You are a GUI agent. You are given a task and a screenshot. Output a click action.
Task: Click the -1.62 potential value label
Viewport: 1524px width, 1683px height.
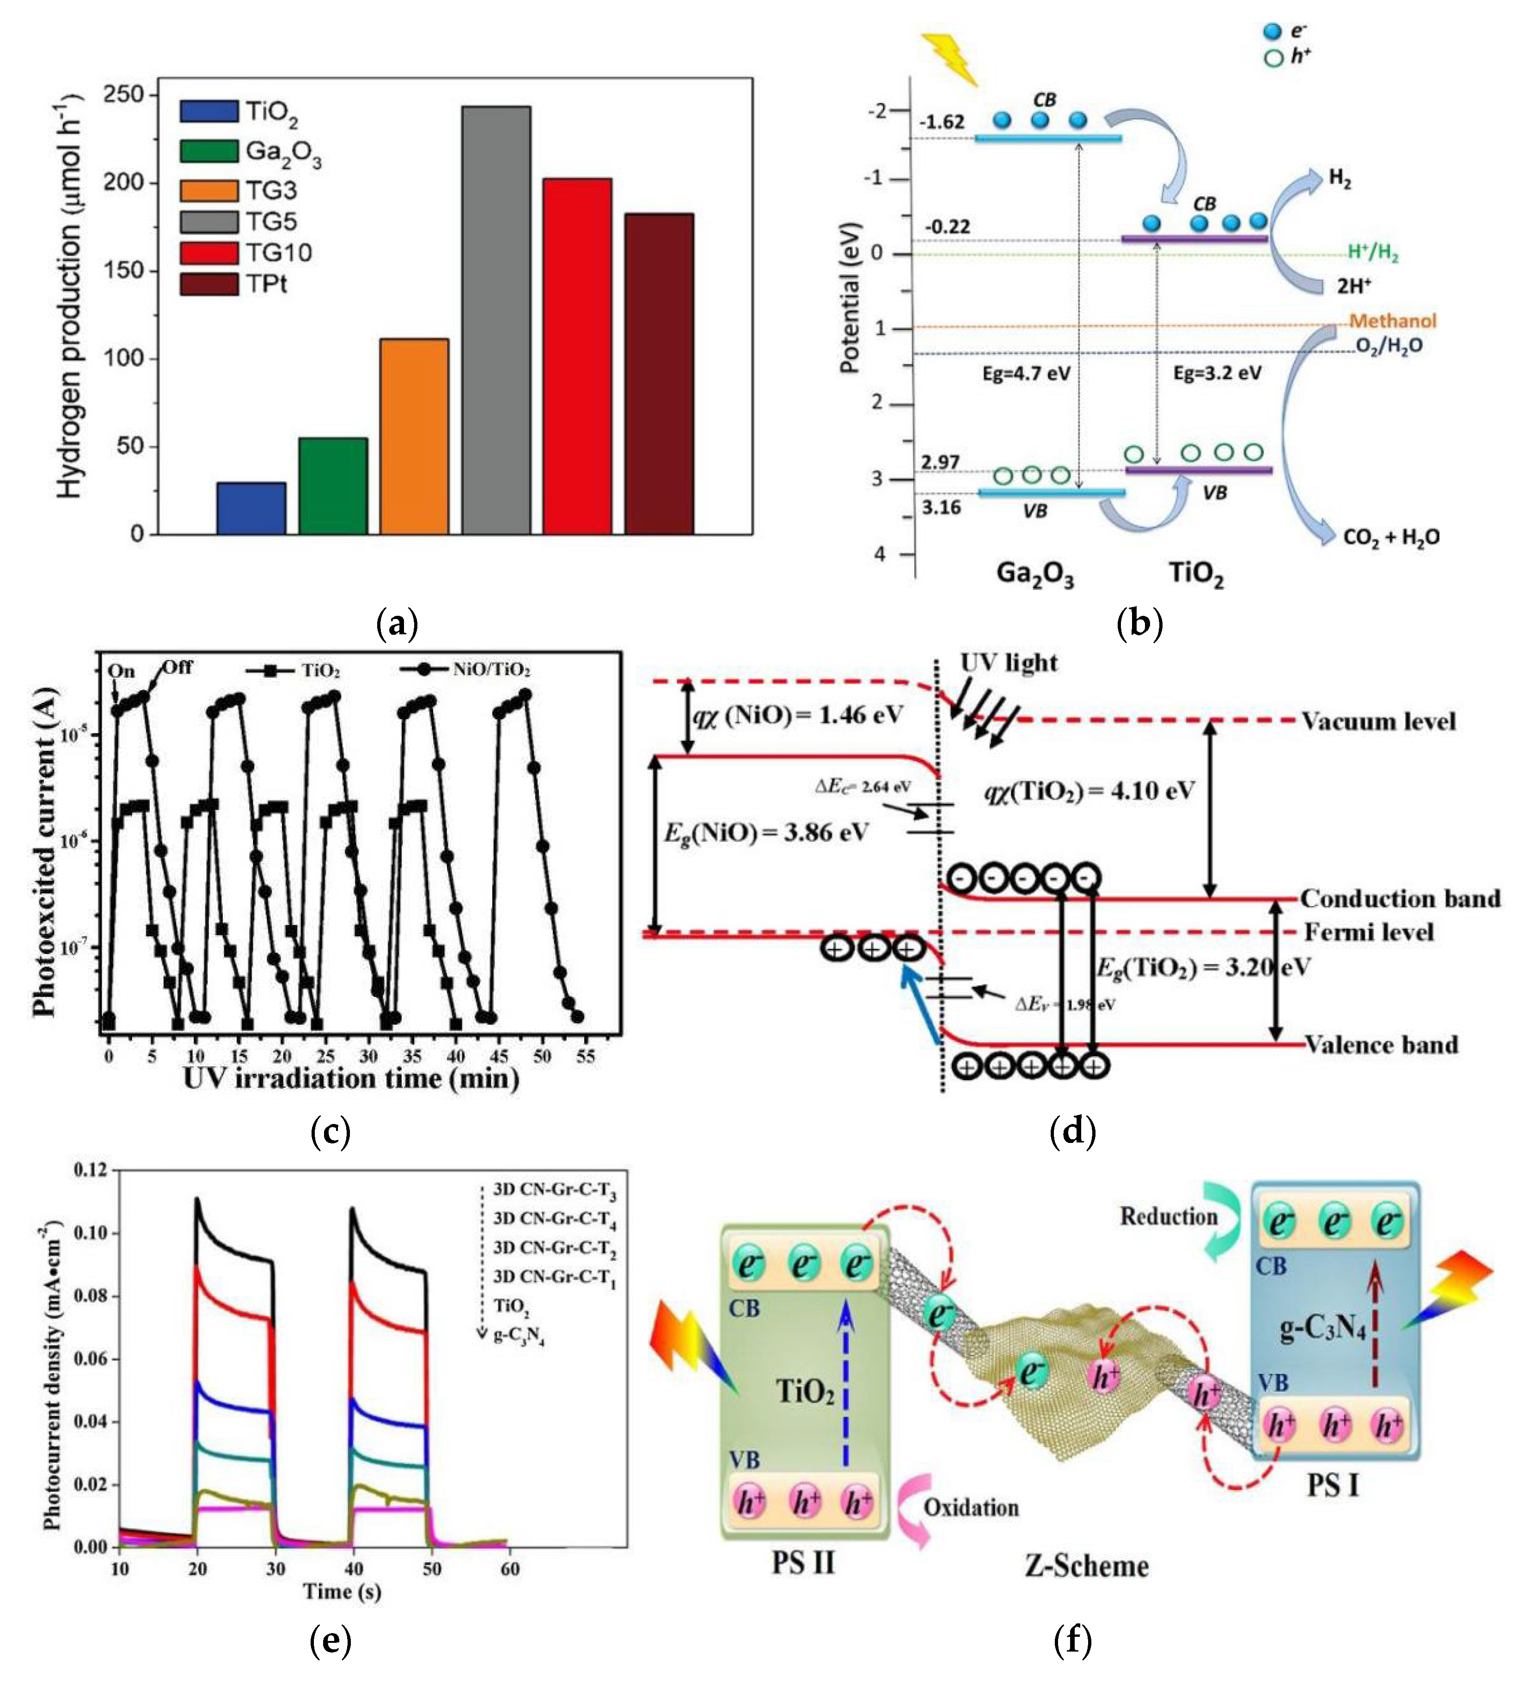[x=942, y=122]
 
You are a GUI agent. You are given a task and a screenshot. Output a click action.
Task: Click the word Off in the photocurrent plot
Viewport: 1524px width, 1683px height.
[x=177, y=667]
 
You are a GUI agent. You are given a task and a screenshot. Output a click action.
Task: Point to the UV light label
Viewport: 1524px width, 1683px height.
[x=1009, y=663]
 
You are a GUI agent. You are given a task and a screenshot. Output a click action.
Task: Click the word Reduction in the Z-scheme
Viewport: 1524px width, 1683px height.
[x=1168, y=1216]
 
